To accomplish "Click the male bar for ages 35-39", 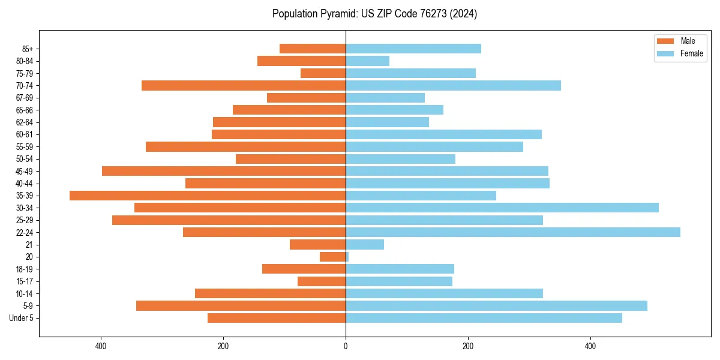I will pos(208,196).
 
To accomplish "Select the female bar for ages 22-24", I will pos(513,232).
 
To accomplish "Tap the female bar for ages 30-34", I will pos(502,208).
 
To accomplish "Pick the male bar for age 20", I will pos(333,257).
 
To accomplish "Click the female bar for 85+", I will pos(413,49).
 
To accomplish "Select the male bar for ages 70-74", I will pos(244,85).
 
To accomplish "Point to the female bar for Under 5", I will pos(484,318).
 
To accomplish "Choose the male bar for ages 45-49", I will pos(224,171).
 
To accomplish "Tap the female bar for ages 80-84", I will pos(367,61).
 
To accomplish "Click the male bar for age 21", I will pos(317,244).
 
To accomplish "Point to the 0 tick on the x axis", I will pos(346,346).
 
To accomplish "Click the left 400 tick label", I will pos(101,346).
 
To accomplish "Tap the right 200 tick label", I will pos(468,346).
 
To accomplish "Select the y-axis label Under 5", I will pos(22,318).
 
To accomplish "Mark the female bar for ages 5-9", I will pos(496,305).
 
